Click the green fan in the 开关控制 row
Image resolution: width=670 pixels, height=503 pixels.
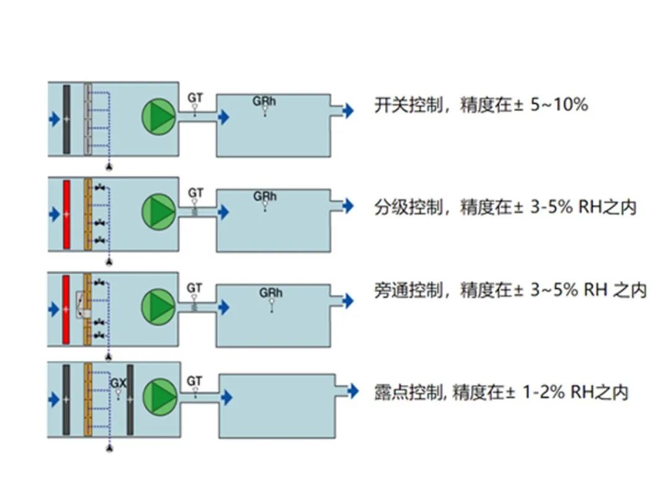159,116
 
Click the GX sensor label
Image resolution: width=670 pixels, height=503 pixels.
118,384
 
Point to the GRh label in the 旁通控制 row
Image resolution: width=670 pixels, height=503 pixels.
271,292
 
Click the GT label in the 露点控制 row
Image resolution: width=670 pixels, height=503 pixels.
195,381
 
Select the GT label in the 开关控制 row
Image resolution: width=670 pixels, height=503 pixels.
195,97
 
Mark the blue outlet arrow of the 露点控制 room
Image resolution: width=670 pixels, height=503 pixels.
352,391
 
